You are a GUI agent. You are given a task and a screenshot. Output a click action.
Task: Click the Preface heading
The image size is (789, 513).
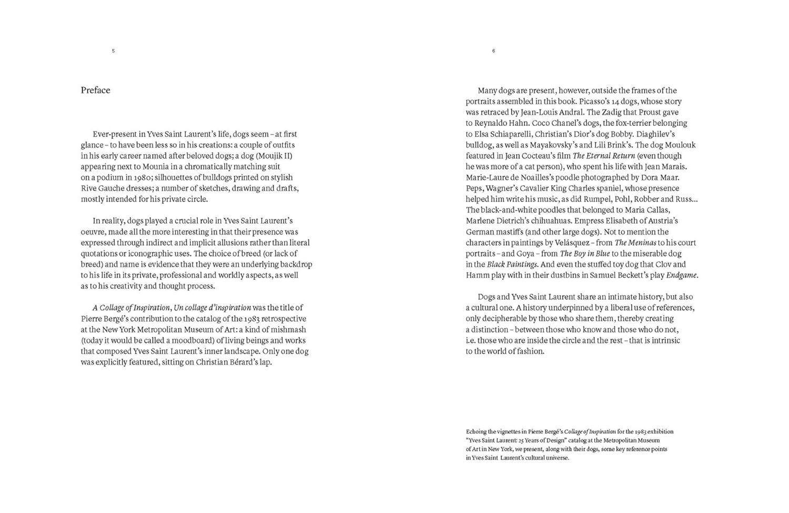point(95,90)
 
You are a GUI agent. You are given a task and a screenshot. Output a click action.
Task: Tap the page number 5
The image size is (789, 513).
point(113,51)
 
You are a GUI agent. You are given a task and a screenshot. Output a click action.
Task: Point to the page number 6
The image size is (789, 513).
point(493,51)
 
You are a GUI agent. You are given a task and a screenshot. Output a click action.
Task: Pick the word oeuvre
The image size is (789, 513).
point(93,232)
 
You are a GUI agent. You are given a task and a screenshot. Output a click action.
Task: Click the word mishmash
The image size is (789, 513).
point(288,329)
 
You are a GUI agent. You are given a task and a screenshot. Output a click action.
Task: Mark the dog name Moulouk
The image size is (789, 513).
point(680,145)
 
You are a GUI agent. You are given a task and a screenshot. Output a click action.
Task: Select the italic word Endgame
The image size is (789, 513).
point(682,275)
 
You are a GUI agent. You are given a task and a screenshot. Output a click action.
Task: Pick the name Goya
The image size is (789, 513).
point(525,254)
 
